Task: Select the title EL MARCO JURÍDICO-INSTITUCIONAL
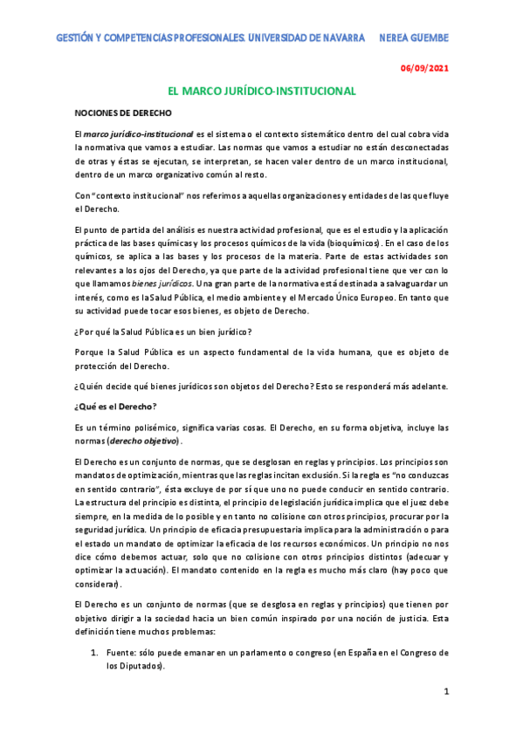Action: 261,91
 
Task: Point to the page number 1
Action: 445,692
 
